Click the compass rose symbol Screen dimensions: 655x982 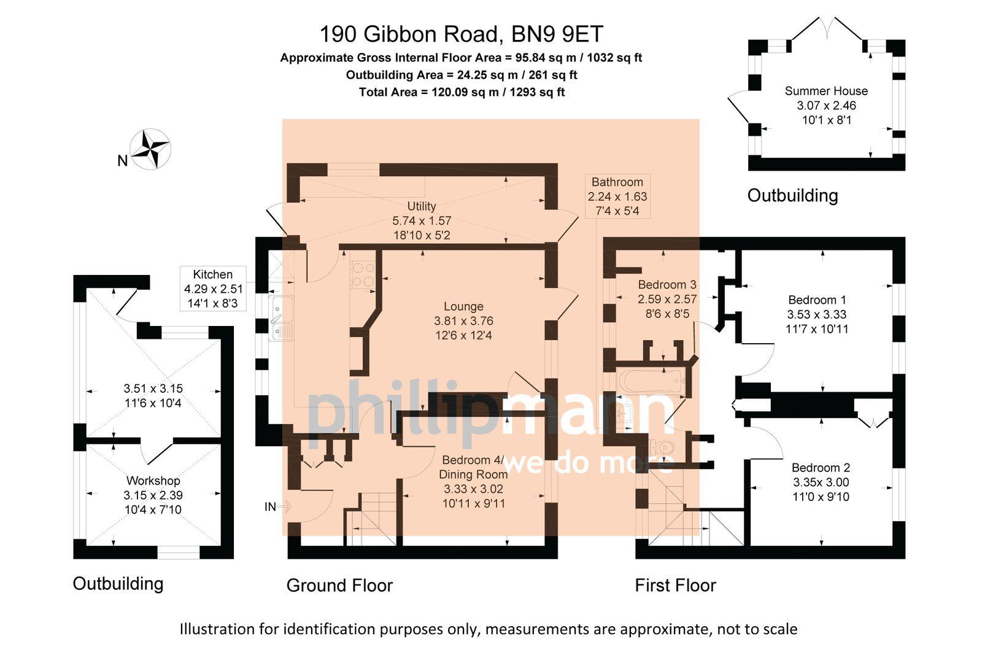click(x=150, y=149)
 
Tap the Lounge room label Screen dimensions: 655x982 click(x=463, y=306)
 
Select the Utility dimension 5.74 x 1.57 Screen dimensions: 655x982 click(x=422, y=220)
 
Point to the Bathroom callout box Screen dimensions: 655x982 click(x=617, y=196)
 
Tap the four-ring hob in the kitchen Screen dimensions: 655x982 click(x=362, y=274)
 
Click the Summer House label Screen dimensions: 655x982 click(x=826, y=91)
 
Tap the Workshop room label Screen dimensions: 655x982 click(x=153, y=481)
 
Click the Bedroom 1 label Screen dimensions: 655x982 click(x=817, y=300)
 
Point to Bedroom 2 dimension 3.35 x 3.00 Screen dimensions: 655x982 click(x=821, y=482)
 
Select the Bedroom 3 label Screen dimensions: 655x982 click(x=667, y=284)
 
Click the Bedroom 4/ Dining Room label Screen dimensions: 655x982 click(x=473, y=467)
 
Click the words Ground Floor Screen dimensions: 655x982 click(x=339, y=585)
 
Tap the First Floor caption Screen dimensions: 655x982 click(x=675, y=585)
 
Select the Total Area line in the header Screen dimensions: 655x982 click(x=462, y=92)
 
